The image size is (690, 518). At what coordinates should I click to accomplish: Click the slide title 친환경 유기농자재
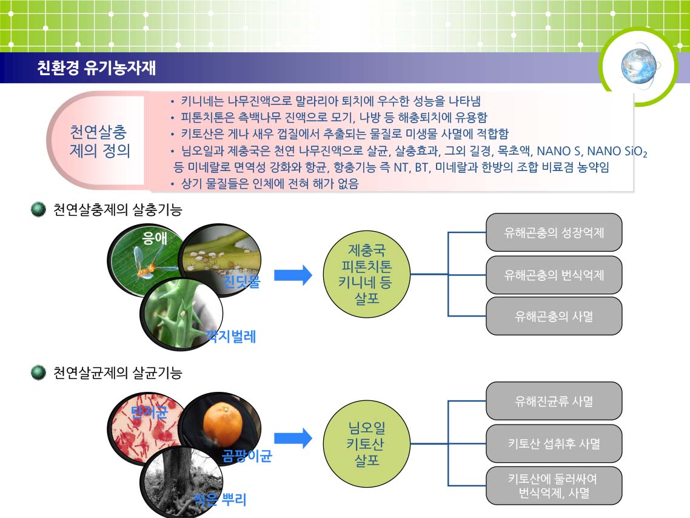click(x=96, y=68)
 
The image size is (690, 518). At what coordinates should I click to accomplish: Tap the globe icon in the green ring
click(x=638, y=67)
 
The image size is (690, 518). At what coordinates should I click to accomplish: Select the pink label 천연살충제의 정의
click(x=100, y=141)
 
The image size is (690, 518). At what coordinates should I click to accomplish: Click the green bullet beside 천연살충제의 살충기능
click(x=39, y=209)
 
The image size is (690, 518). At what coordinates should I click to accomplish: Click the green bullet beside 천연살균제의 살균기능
click(x=39, y=373)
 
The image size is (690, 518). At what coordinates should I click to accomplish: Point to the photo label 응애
click(x=154, y=238)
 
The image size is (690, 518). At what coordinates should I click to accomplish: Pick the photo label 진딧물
click(x=241, y=281)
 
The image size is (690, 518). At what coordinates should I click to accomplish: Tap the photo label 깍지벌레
click(x=230, y=336)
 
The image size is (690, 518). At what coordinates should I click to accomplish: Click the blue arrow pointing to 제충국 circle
click(x=293, y=275)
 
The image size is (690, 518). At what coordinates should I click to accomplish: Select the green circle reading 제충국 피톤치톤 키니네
click(x=367, y=274)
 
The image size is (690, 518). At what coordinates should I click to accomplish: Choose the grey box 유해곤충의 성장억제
click(x=554, y=232)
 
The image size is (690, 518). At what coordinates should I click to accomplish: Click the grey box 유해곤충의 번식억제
click(x=554, y=275)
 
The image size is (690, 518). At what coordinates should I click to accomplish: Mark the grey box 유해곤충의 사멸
click(x=554, y=316)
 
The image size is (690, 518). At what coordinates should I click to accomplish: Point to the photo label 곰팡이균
click(x=247, y=456)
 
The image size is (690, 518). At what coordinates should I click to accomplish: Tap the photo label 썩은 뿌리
click(x=220, y=499)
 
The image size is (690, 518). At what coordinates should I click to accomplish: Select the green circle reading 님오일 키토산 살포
click(x=367, y=443)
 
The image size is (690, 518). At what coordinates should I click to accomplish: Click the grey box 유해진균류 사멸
click(x=554, y=401)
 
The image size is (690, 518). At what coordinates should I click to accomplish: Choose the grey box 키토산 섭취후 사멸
click(x=554, y=443)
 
